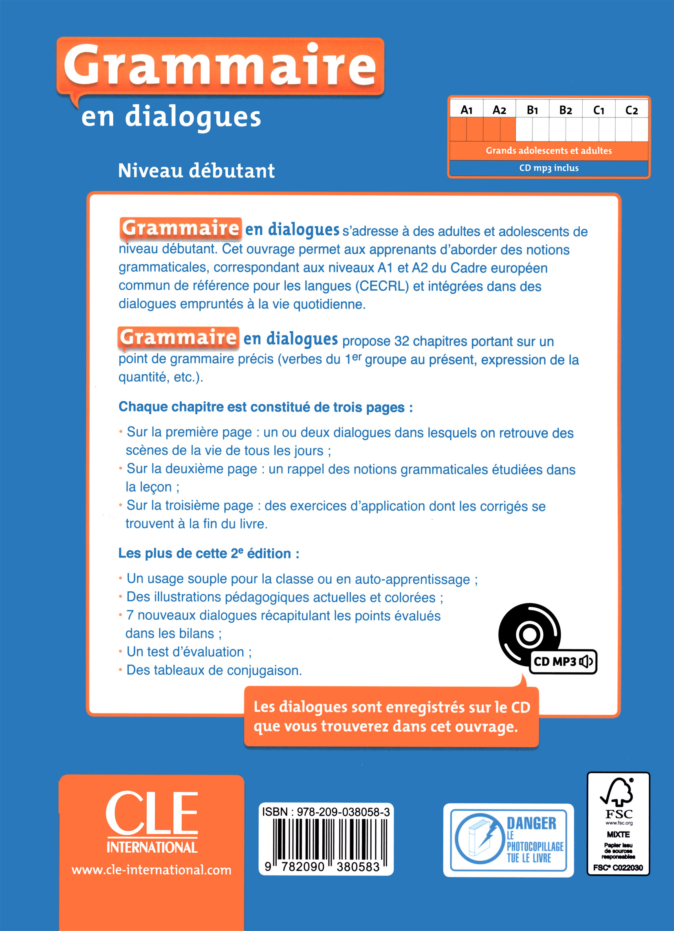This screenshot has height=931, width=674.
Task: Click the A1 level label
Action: [x=467, y=110]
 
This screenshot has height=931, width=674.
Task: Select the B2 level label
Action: [x=566, y=110]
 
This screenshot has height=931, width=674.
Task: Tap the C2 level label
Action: [x=632, y=110]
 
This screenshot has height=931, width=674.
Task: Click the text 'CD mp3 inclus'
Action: [x=549, y=168]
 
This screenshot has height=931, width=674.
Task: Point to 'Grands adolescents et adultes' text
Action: [x=549, y=150]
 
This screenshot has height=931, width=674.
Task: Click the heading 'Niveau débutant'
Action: [x=196, y=171]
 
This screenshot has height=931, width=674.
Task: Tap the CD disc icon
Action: [x=529, y=635]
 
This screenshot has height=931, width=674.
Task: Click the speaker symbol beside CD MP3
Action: [x=586, y=661]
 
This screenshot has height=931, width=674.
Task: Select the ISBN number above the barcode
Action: [x=326, y=812]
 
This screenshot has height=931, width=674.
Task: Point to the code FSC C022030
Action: [x=618, y=868]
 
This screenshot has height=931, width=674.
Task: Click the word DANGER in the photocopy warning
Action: [x=531, y=823]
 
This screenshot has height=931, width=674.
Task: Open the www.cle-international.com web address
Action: [x=151, y=870]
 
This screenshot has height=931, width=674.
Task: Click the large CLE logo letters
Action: [x=152, y=814]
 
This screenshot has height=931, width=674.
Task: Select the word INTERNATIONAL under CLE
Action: [x=152, y=847]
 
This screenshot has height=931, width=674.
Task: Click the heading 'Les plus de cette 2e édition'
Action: [x=208, y=553]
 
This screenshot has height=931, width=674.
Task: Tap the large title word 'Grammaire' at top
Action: [x=220, y=66]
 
